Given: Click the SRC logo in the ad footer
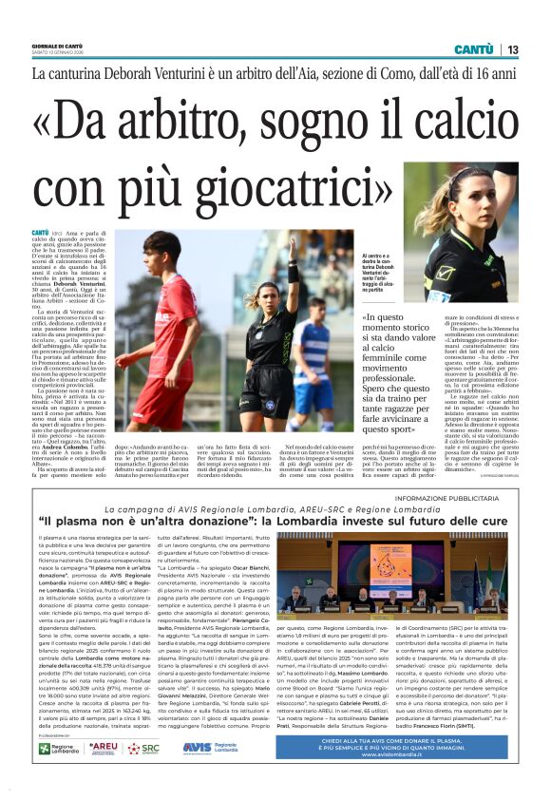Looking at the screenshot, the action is click(x=145, y=749).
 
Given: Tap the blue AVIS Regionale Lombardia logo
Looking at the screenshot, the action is click(x=210, y=749).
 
